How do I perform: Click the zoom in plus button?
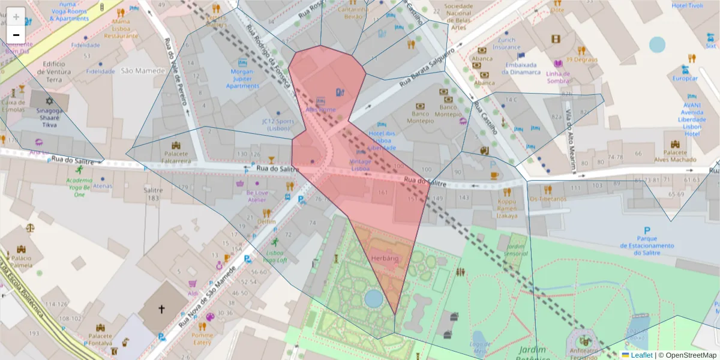coord(16,16)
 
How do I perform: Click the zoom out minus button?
coord(16,35)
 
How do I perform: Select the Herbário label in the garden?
coord(385,257)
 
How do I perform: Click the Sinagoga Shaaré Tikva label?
coord(49,119)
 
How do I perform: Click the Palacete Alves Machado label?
coord(675,156)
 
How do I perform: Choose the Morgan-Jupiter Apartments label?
coord(242,79)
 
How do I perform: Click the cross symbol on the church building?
coord(161,310)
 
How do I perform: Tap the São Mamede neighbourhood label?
coord(143,71)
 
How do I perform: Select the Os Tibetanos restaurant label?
coord(547,199)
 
